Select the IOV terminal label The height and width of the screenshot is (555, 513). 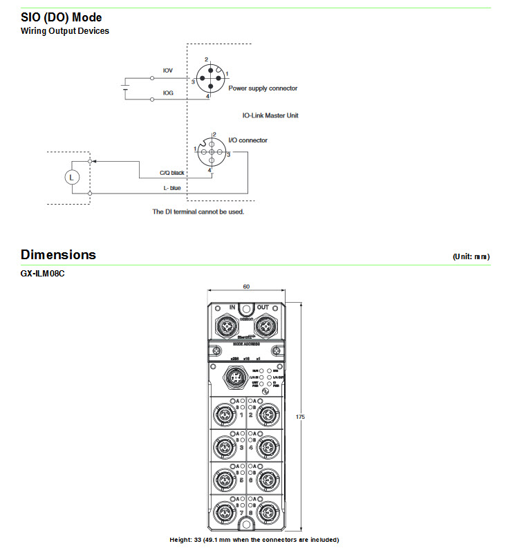point(167,70)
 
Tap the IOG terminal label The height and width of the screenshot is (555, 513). point(167,92)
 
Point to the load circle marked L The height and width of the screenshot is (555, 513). point(70,177)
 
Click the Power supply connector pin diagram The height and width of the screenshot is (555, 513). point(210,77)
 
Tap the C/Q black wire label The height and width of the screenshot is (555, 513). point(173,173)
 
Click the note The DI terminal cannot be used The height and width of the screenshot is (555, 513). point(198,211)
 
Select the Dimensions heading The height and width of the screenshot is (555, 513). point(58,255)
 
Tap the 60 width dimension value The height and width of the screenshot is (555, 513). point(245,286)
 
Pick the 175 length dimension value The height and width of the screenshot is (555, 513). point(299,417)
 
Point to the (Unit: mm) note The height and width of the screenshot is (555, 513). point(471,256)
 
